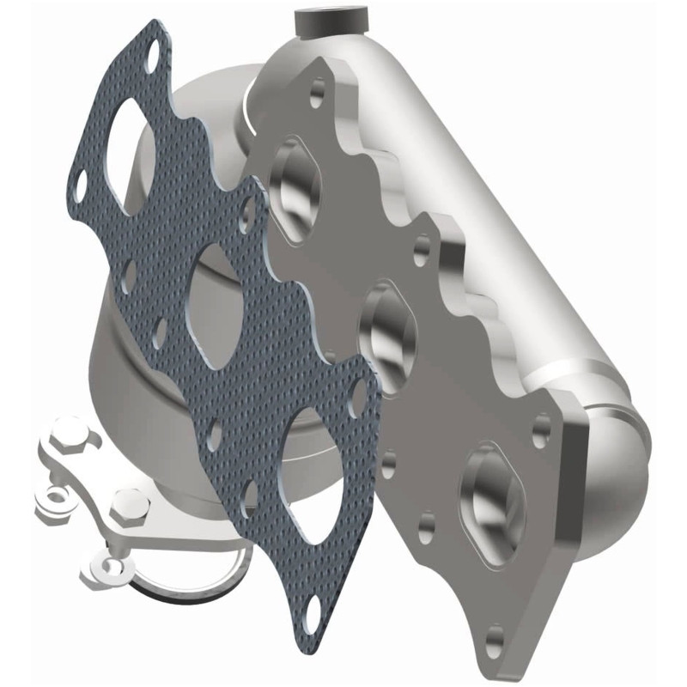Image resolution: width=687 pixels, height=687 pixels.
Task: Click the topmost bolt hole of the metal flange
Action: pos(319,88)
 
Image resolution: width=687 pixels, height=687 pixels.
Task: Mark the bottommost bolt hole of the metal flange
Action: pos(495,637)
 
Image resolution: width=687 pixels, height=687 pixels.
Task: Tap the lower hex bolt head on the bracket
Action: pos(131,507)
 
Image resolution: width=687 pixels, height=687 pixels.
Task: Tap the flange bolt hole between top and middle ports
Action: pos(420,250)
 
